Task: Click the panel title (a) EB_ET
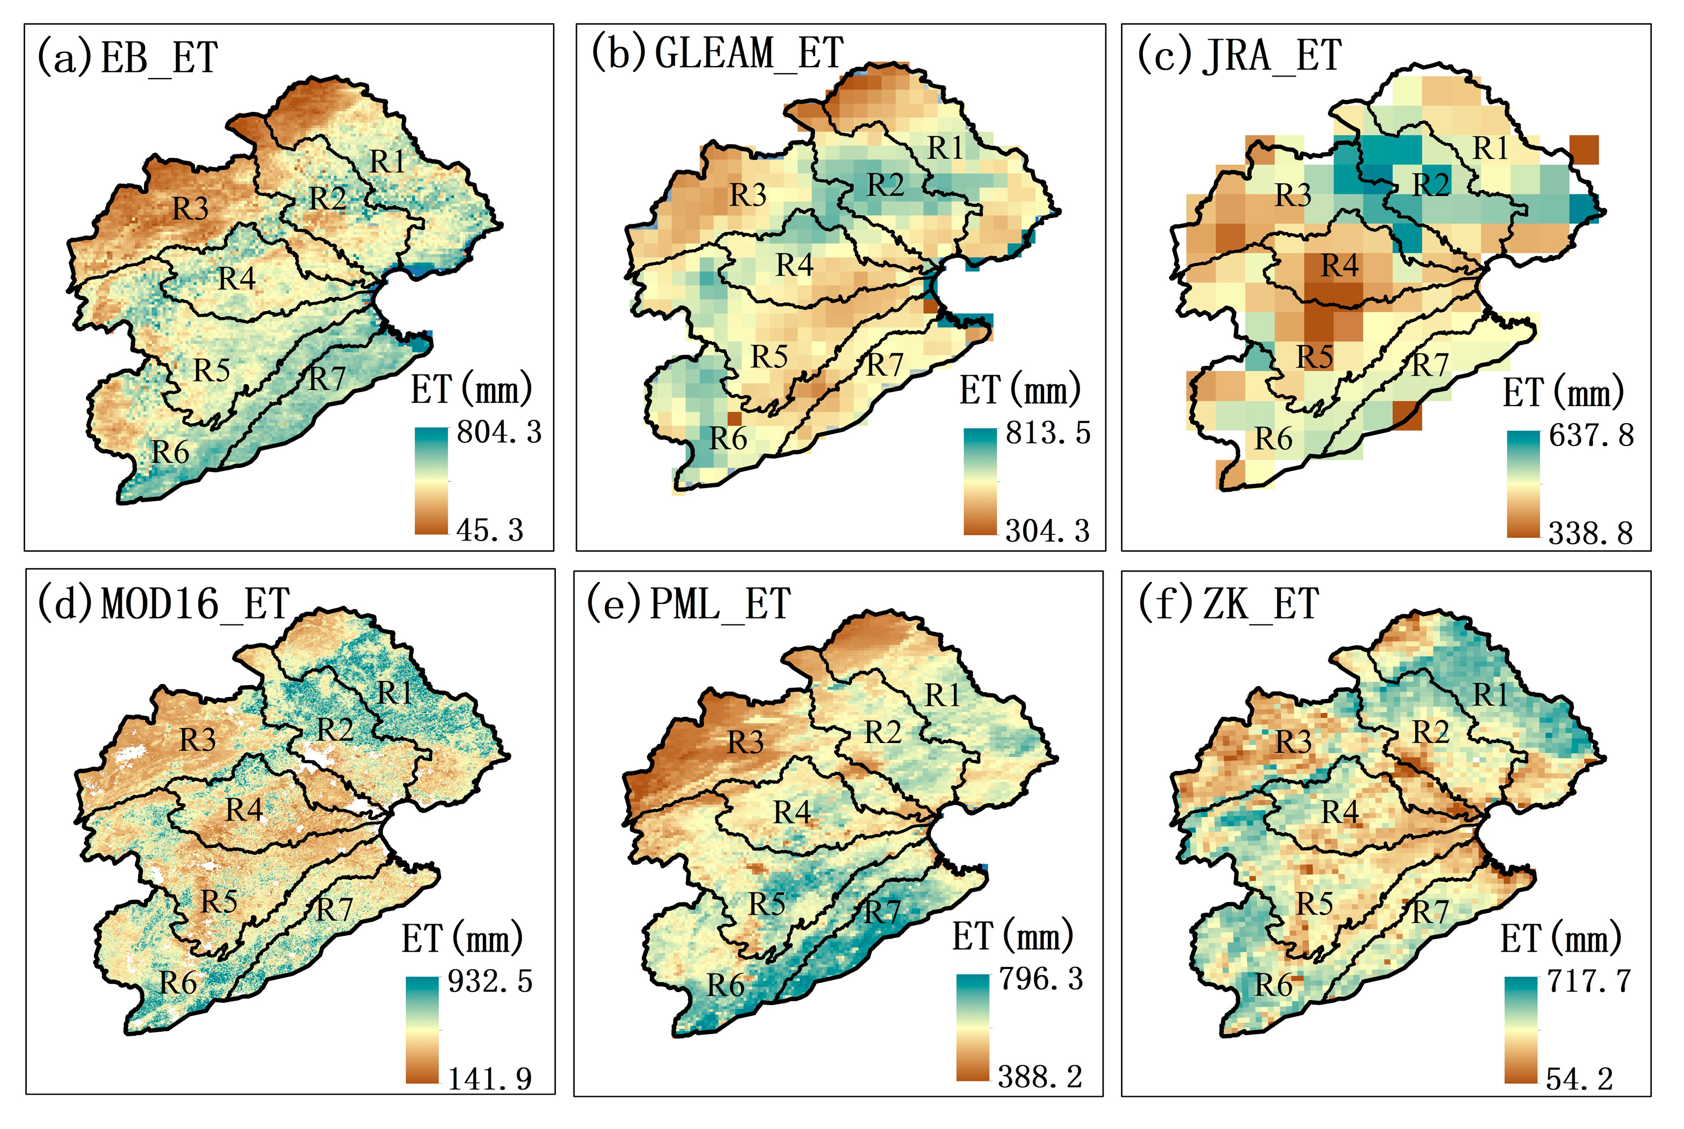tap(127, 58)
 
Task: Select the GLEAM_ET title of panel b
tap(716, 54)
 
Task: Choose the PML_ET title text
tap(689, 603)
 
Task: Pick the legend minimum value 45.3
tap(490, 531)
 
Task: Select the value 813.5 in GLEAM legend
tap(1047, 433)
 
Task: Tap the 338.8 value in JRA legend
tap(1591, 533)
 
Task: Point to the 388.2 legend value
tap(1040, 1077)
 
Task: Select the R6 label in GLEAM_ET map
tap(728, 438)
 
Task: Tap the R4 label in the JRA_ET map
tap(1339, 266)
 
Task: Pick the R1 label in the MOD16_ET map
tap(395, 693)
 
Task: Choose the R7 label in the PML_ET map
tap(882, 912)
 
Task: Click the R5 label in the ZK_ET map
tap(1315, 904)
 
